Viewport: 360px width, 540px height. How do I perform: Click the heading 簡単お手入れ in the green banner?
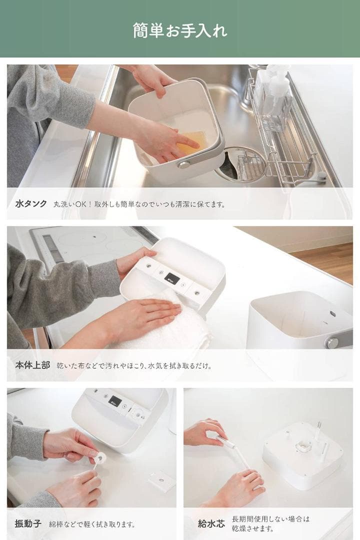[x=180, y=30]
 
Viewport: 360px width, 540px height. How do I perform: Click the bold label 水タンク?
[x=31, y=204]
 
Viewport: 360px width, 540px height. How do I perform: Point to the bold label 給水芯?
[x=211, y=524]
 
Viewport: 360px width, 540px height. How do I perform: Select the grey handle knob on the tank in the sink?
[x=184, y=164]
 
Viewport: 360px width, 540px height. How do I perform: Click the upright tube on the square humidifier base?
[x=317, y=430]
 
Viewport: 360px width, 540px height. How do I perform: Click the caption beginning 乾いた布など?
[x=133, y=365]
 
